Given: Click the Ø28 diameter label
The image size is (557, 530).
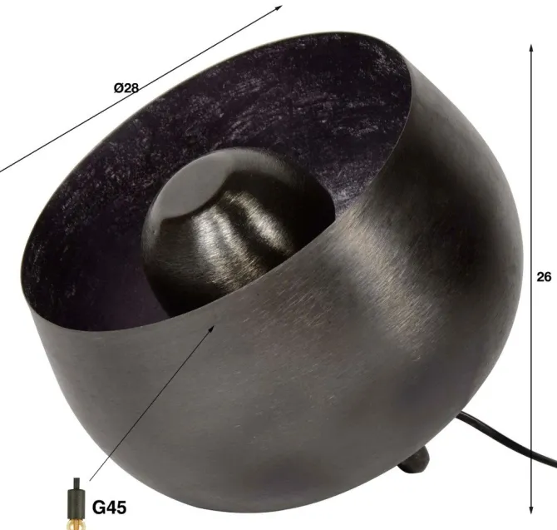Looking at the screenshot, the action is click(x=126, y=87).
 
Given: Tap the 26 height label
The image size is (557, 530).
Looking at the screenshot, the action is click(x=544, y=276).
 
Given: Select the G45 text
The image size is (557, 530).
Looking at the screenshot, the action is click(x=109, y=508).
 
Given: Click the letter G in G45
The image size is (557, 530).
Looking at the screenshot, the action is click(x=98, y=508).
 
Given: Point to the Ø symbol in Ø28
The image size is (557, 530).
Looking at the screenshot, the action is click(x=118, y=87).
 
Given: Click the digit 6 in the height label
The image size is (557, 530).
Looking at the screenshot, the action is click(x=547, y=276).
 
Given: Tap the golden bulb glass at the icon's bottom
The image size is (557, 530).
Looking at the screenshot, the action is click(x=76, y=525).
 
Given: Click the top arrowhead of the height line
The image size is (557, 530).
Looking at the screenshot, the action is click(x=531, y=49).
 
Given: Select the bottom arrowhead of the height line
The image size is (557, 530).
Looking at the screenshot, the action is click(x=531, y=509).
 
